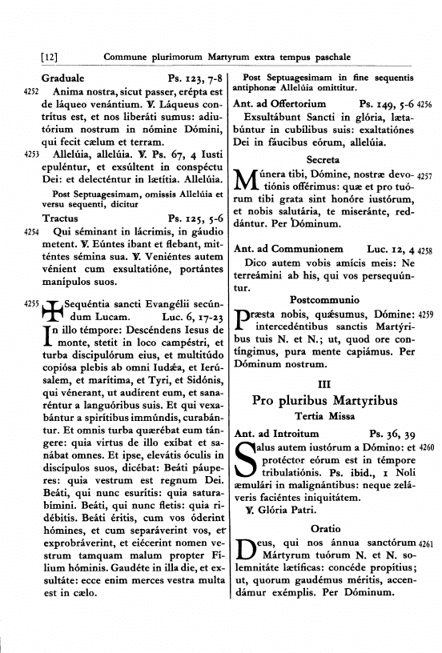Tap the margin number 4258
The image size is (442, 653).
click(425, 250)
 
